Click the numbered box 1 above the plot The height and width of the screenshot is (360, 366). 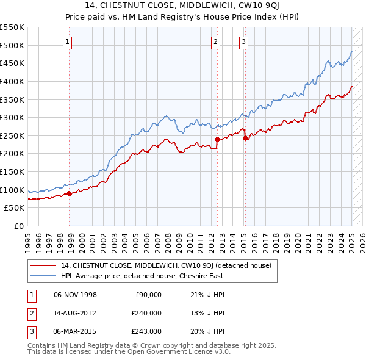click(66, 42)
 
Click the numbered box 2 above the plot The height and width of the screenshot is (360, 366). click(216, 42)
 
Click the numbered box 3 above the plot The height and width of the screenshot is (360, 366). click(243, 42)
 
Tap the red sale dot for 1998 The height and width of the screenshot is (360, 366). click(69, 193)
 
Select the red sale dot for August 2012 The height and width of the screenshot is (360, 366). click(217, 140)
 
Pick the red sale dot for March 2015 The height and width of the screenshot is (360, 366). click(245, 139)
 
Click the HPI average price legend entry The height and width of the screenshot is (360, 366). click(142, 276)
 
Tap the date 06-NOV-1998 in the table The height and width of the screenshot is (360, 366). click(76, 295)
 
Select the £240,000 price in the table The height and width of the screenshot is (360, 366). click(146, 313)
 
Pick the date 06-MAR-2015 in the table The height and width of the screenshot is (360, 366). click(76, 331)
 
